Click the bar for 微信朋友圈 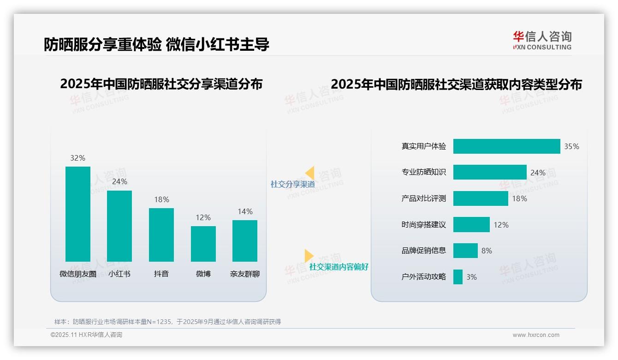(78, 214)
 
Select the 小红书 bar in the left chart (119, 226)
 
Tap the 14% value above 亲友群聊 (245, 212)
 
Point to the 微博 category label (203, 274)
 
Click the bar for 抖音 (161, 235)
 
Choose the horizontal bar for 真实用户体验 (506, 146)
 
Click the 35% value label (571, 146)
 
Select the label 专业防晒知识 (424, 172)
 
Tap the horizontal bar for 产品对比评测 (481, 198)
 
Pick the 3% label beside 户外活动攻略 (471, 277)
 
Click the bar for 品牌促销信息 (465, 251)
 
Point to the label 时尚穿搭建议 (424, 225)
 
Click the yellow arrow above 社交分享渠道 (310, 173)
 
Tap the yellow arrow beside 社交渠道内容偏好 (309, 256)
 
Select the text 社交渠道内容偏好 (339, 267)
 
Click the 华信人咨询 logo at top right (542, 40)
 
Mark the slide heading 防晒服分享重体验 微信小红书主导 (156, 44)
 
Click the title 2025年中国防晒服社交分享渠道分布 (161, 84)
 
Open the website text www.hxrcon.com (535, 335)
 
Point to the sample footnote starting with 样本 (167, 322)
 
